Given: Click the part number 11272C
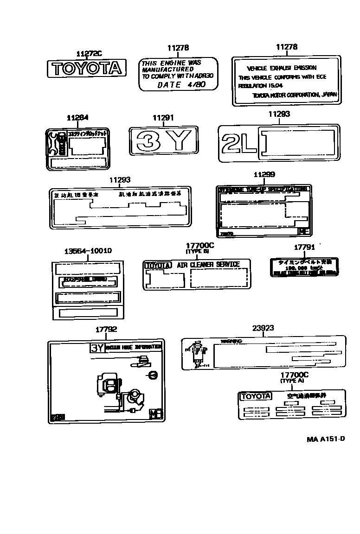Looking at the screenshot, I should click(x=88, y=54).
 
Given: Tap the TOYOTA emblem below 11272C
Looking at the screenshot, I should click(x=87, y=69).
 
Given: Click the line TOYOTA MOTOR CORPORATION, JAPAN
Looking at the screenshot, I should click(x=295, y=95).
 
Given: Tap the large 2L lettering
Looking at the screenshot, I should click(x=238, y=142).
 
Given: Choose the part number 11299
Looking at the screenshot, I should click(x=264, y=174).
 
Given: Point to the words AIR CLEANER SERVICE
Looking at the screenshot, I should click(x=208, y=265).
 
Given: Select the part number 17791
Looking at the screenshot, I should click(x=304, y=248).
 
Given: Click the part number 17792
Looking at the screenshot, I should click(x=106, y=330).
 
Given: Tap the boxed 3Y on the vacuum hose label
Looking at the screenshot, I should click(x=97, y=348).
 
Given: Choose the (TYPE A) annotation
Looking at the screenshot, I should click(x=292, y=381).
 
